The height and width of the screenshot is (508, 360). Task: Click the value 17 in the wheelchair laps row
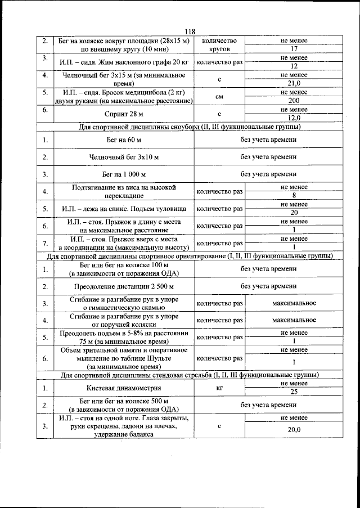coord(294,49)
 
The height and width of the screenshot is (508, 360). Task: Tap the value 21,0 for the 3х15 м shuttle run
coord(294,83)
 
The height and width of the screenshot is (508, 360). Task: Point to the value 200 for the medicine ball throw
coord(294,100)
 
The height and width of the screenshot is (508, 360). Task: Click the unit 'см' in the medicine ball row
coord(219,96)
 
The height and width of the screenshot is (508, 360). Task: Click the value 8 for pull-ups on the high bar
coord(294,196)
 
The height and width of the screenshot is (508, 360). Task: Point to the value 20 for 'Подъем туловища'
coord(294,213)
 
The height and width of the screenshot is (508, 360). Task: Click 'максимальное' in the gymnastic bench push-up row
coord(294,303)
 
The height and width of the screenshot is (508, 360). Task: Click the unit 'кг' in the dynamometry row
coord(219,388)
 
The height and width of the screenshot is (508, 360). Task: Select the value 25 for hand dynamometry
coord(294,392)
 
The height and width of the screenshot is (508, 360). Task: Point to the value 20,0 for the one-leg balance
coord(294,430)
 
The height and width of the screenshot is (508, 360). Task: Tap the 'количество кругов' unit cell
coord(219,45)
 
